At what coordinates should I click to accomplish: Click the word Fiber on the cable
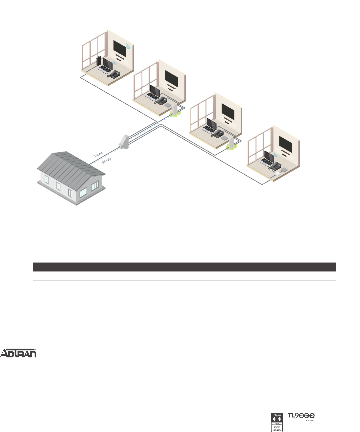point(98,154)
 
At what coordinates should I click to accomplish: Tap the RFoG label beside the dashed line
point(106,161)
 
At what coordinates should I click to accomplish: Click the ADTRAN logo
point(18,353)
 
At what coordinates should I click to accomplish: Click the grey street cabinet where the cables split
point(124,142)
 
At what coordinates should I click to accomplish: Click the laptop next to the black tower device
point(106,65)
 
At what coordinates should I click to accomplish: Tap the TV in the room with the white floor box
point(286,144)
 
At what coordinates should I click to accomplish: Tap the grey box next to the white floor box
point(284,170)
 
